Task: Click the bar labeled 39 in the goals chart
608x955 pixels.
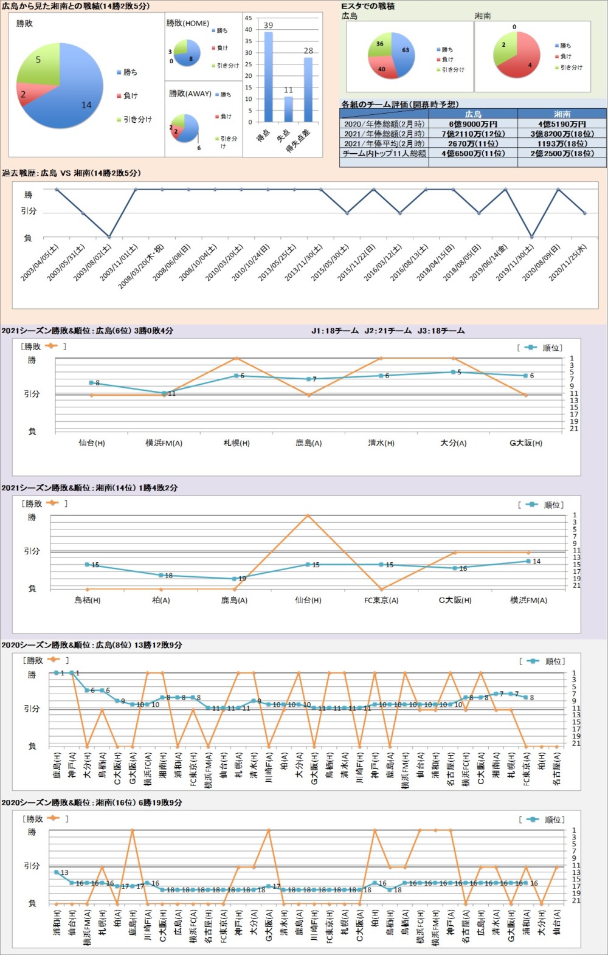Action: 268,77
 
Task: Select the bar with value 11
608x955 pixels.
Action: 288,109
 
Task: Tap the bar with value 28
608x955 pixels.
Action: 308,89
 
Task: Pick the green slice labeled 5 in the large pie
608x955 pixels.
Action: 40,64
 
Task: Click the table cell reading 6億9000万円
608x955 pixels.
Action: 473,124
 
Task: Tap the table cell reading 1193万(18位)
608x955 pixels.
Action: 562,143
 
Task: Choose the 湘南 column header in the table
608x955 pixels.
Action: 562,114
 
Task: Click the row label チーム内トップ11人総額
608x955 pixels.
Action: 384,154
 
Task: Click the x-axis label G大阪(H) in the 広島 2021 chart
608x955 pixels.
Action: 526,443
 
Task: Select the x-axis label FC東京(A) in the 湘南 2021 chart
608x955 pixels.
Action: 381,600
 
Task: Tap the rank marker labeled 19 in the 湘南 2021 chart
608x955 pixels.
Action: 234,579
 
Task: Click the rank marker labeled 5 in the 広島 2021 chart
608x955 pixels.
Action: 453,372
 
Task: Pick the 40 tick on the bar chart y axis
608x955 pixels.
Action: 248,30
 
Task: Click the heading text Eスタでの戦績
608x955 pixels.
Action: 368,6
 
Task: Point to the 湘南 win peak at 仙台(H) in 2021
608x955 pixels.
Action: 308,515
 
